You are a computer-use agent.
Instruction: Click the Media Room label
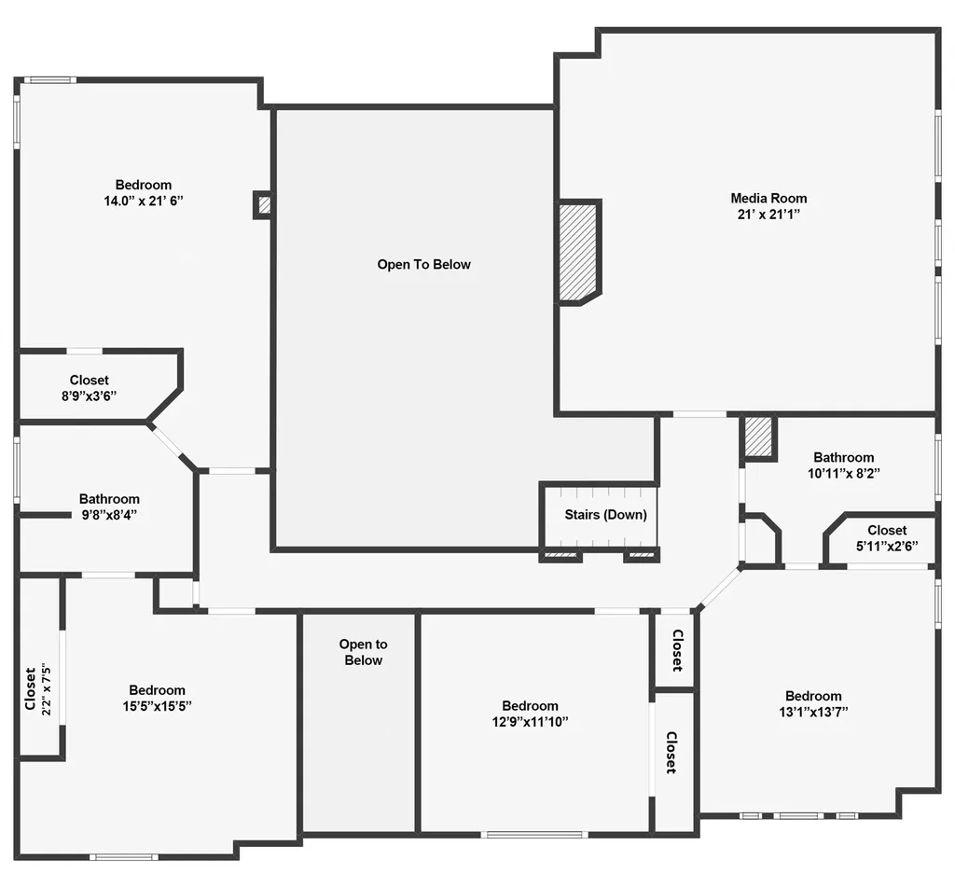tap(768, 198)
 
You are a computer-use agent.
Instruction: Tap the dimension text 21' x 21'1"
tap(768, 214)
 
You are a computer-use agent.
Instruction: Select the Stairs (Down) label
tap(605, 515)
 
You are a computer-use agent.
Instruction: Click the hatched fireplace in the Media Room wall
tap(579, 252)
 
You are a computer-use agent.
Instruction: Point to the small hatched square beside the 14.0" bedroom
tap(264, 205)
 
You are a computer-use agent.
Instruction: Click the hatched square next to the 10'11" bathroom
tap(758, 437)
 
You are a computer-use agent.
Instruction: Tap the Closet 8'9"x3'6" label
tap(89, 388)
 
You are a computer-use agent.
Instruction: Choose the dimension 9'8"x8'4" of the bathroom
tap(109, 515)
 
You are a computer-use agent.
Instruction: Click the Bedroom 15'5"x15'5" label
tap(157, 698)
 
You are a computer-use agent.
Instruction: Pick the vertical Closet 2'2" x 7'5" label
tap(37, 688)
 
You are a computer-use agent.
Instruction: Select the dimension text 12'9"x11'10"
tap(530, 722)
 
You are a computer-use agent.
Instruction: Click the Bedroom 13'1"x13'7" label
tap(813, 703)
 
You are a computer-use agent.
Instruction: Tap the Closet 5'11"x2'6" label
tap(887, 538)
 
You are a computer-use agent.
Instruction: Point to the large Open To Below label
tap(424, 264)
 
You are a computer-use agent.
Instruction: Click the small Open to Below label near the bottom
tap(363, 652)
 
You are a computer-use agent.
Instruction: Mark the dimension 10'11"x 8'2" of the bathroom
tap(843, 473)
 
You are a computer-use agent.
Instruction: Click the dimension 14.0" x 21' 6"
tap(143, 201)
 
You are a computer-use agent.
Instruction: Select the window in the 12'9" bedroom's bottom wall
tap(534, 835)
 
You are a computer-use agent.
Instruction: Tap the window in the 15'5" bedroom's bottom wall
tap(124, 857)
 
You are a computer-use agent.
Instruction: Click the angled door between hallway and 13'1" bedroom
tap(719, 587)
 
